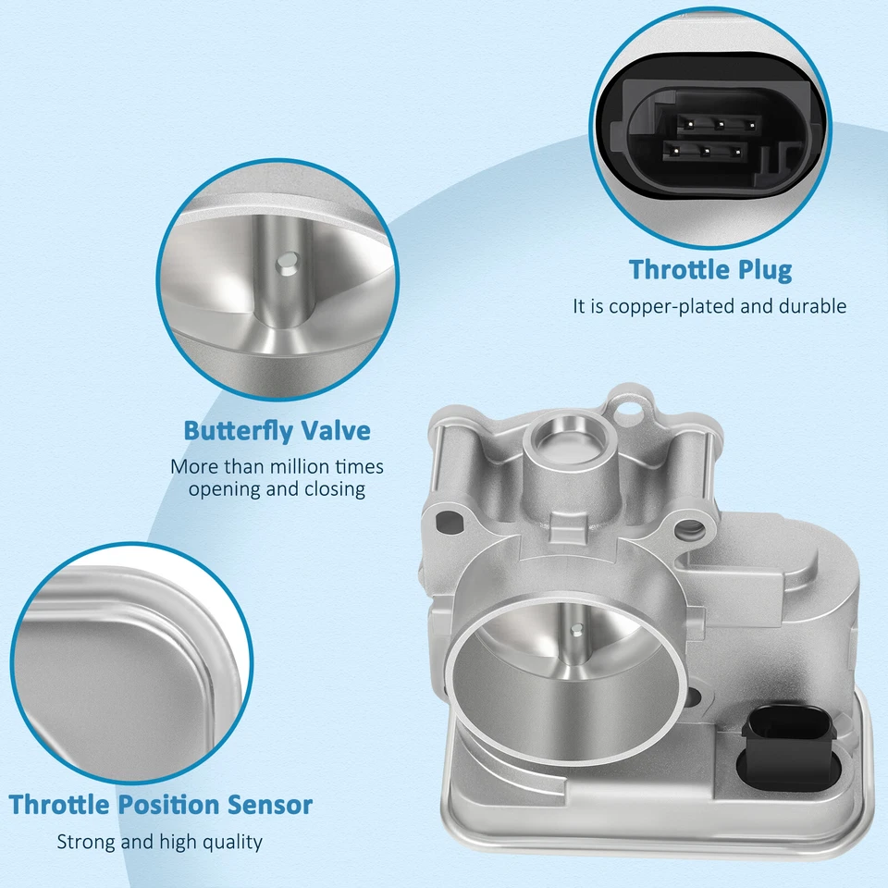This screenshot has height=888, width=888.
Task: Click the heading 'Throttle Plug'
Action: tap(710, 270)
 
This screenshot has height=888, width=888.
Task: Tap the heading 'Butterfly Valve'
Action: tap(277, 431)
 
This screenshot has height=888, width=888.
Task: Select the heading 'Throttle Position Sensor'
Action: tap(161, 805)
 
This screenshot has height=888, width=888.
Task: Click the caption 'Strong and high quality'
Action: tap(160, 842)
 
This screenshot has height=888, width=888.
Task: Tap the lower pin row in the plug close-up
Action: tap(705, 149)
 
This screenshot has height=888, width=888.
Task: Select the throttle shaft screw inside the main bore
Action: tap(576, 631)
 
